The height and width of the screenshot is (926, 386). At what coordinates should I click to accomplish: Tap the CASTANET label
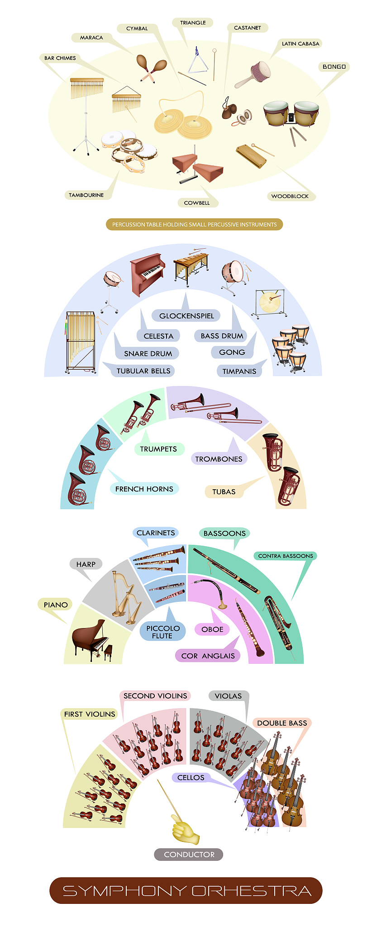(x=248, y=28)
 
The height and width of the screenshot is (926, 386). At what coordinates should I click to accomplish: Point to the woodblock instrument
(x=252, y=156)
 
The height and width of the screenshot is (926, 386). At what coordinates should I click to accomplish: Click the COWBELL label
(x=197, y=203)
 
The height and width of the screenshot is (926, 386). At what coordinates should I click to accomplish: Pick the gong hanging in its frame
(x=270, y=302)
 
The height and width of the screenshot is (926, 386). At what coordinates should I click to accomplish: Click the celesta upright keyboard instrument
(x=148, y=274)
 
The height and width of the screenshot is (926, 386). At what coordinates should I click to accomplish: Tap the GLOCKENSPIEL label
(x=186, y=316)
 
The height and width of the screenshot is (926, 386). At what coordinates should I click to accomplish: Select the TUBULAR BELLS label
(x=143, y=371)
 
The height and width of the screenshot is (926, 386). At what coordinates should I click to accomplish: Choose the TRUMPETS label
(x=158, y=449)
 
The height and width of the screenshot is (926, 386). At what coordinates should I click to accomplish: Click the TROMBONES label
(x=219, y=459)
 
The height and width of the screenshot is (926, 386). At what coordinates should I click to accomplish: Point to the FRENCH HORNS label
(x=144, y=489)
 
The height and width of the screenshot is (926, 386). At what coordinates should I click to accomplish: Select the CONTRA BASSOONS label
(x=286, y=556)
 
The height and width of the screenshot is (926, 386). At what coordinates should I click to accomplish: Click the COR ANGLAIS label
(x=208, y=656)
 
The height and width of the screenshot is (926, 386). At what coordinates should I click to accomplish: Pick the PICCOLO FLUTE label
(x=162, y=632)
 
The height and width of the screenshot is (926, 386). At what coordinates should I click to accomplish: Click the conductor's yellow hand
(x=186, y=830)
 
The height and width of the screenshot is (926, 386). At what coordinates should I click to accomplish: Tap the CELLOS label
(x=191, y=777)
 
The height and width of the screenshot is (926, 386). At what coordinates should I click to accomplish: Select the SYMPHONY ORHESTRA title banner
(x=186, y=890)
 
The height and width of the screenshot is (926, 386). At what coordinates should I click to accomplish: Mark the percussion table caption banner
(x=195, y=224)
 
